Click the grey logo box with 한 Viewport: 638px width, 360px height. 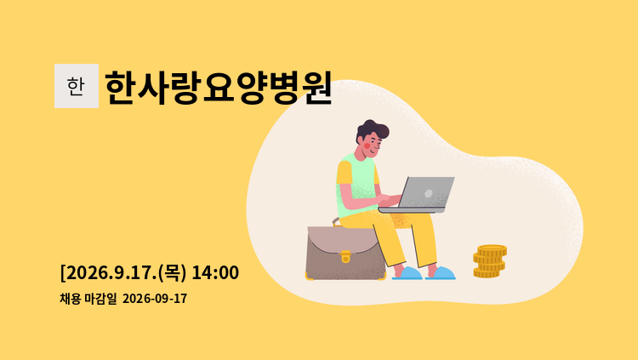point(77,86)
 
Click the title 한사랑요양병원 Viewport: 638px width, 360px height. point(219,88)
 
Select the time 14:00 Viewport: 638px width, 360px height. point(215,272)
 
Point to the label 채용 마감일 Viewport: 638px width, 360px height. point(88,299)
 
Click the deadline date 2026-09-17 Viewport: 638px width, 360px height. point(155,299)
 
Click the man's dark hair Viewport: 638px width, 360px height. point(372,130)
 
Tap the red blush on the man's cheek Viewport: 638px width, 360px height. point(367,146)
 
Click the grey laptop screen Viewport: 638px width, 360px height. point(427,192)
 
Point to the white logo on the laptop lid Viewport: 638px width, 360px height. point(429,193)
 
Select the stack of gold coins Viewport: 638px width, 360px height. point(489,261)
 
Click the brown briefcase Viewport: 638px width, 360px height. point(346,253)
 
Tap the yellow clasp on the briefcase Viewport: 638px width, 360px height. point(345,256)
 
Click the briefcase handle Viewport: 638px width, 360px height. point(336,222)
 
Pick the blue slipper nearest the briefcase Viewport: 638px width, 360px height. point(407,273)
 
